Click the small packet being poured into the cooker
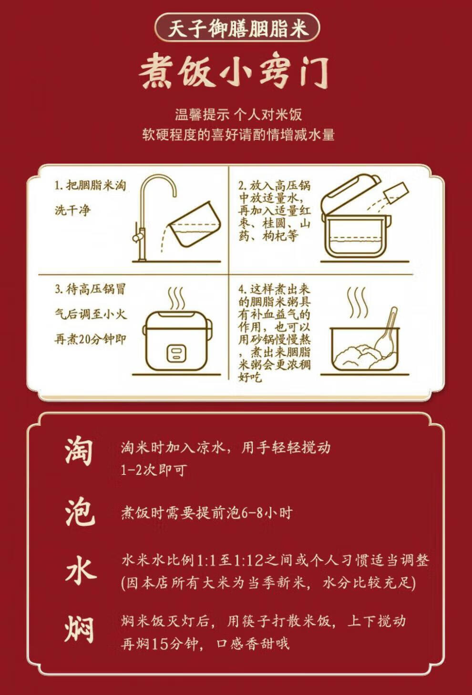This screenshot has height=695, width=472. coord(396,193)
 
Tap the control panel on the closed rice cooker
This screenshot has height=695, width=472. coord(176,353)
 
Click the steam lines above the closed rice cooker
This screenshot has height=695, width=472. coord(176,299)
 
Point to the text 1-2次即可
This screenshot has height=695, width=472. coord(154,470)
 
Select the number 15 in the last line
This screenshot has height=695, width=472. coord(160,645)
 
